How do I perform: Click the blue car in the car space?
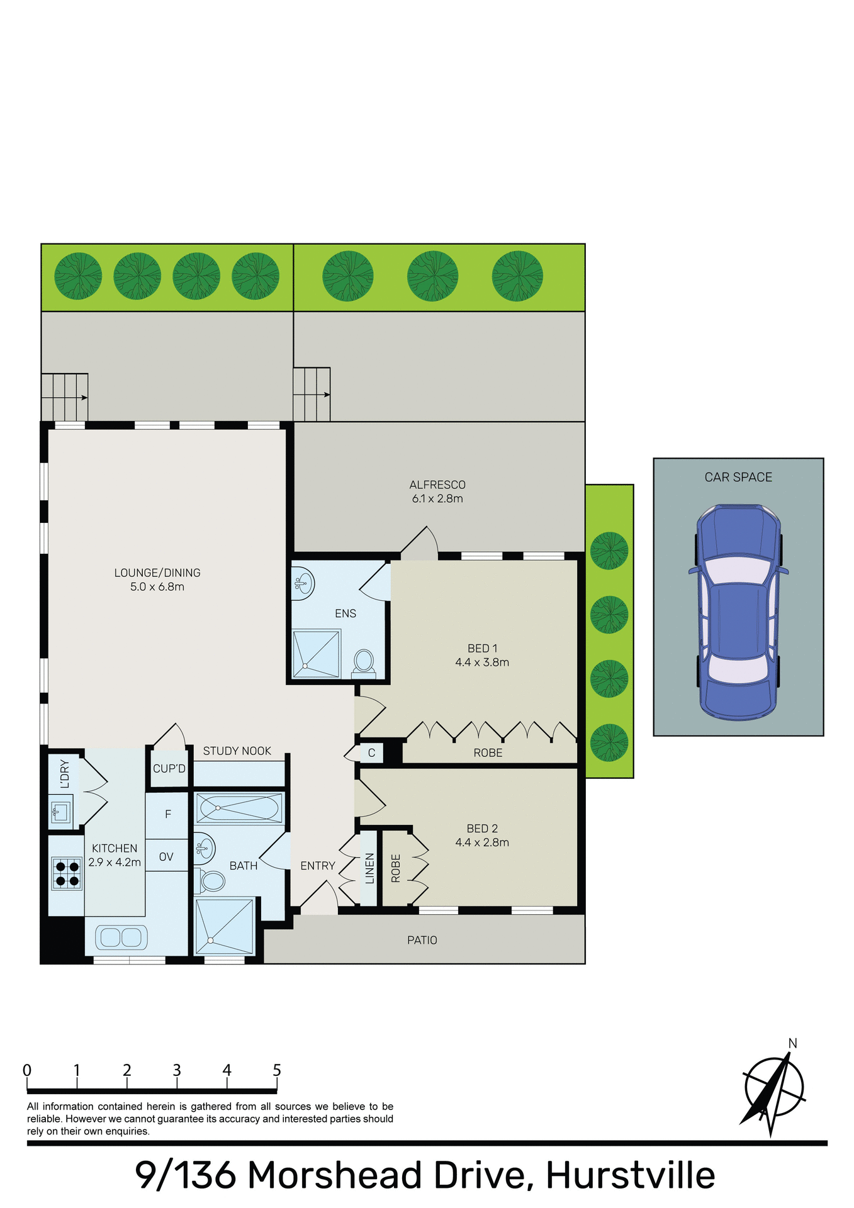pyautogui.click(x=738, y=612)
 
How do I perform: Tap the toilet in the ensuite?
pyautogui.click(x=363, y=663)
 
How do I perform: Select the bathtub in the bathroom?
pyautogui.click(x=239, y=808)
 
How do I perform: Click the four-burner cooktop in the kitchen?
pyautogui.click(x=67, y=873)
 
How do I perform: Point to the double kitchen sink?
pyautogui.click(x=121, y=937)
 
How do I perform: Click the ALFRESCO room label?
pyautogui.click(x=437, y=485)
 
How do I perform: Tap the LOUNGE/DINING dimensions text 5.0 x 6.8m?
pyautogui.click(x=157, y=587)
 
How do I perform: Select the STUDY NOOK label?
pyautogui.click(x=237, y=751)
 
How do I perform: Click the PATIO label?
pyautogui.click(x=422, y=940)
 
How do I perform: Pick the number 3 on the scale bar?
pyautogui.click(x=177, y=1070)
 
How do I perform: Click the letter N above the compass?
pyautogui.click(x=792, y=1043)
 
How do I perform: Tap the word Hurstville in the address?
pyautogui.click(x=630, y=1175)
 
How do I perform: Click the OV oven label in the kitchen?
pyautogui.click(x=166, y=857)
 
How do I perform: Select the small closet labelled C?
pyautogui.click(x=371, y=753)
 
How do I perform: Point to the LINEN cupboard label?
pyautogui.click(x=370, y=868)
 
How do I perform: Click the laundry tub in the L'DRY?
pyautogui.click(x=60, y=811)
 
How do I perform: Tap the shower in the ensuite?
pyautogui.click(x=317, y=653)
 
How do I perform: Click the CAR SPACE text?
pyautogui.click(x=738, y=478)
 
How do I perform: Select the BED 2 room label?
pyautogui.click(x=482, y=829)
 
